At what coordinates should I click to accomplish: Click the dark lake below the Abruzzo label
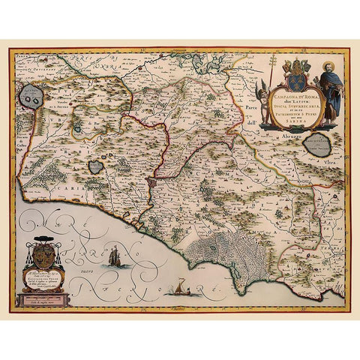(x=321, y=145)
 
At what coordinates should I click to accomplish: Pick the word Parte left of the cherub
(x=252, y=108)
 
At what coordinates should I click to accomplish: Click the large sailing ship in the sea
(x=115, y=257)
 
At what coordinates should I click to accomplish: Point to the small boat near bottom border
(x=179, y=286)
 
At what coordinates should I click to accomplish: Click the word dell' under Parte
(x=252, y=122)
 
